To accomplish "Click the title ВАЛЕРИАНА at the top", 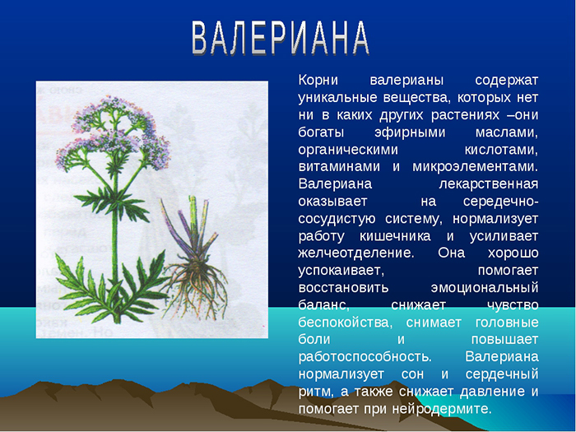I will click(281, 37).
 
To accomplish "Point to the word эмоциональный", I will click(481, 287).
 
